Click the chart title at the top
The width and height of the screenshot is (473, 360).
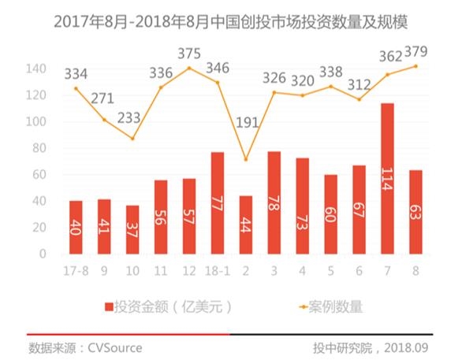pyautogui.click(x=236, y=21)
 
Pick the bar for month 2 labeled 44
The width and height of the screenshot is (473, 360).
pyautogui.click(x=246, y=225)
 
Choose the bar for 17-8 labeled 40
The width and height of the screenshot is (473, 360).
pyautogui.click(x=76, y=228)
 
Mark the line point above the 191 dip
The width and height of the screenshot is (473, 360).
pyautogui.click(x=246, y=159)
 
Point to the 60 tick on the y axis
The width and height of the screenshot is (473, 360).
pyautogui.click(x=42, y=175)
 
